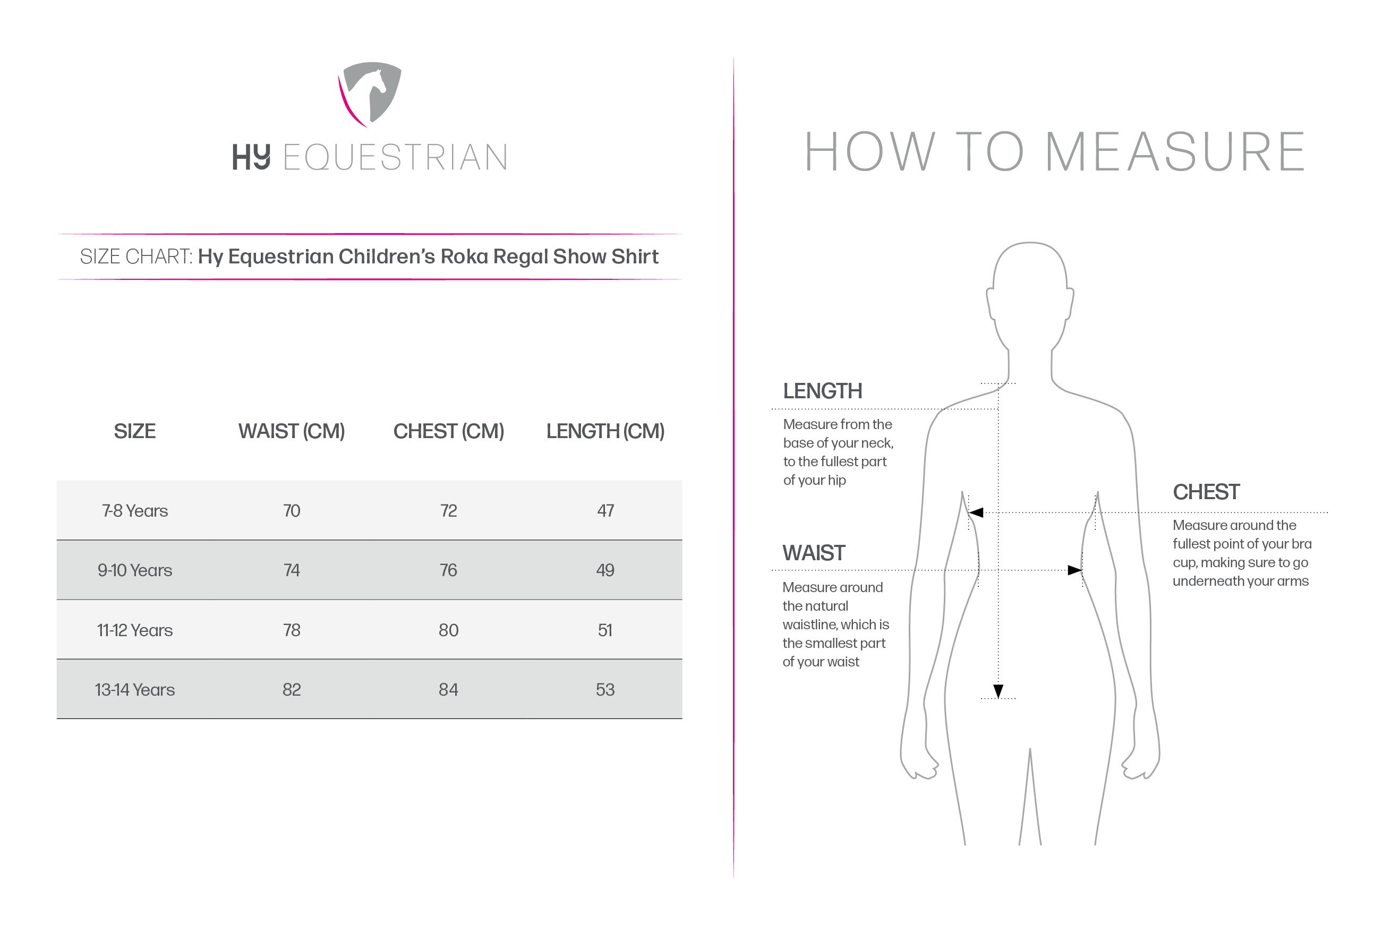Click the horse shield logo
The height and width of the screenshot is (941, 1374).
pyautogui.click(x=370, y=93)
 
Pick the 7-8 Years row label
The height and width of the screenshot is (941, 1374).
pyautogui.click(x=135, y=511)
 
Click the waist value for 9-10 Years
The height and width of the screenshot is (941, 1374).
pyautogui.click(x=292, y=570)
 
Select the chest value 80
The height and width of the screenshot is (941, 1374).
pyautogui.click(x=448, y=630)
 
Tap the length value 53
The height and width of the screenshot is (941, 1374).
pyautogui.click(x=605, y=690)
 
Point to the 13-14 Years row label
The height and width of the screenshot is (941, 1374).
pyautogui.click(x=135, y=690)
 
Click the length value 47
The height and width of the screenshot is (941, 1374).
pyautogui.click(x=605, y=511)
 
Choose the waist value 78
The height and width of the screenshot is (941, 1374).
pyautogui.click(x=292, y=630)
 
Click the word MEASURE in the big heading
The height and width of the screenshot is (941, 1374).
pyautogui.click(x=1175, y=152)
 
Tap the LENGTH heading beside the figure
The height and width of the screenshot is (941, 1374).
pyautogui.click(x=822, y=391)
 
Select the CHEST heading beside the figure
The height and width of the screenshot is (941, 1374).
pyautogui.click(x=1206, y=492)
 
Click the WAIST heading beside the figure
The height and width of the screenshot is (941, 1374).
pyautogui.click(x=814, y=553)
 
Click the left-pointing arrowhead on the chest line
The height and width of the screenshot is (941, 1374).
pyautogui.click(x=976, y=512)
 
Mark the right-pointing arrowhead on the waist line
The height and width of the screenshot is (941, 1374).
pyautogui.click(x=1074, y=570)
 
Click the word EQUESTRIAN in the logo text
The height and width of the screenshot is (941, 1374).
pyautogui.click(x=395, y=158)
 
